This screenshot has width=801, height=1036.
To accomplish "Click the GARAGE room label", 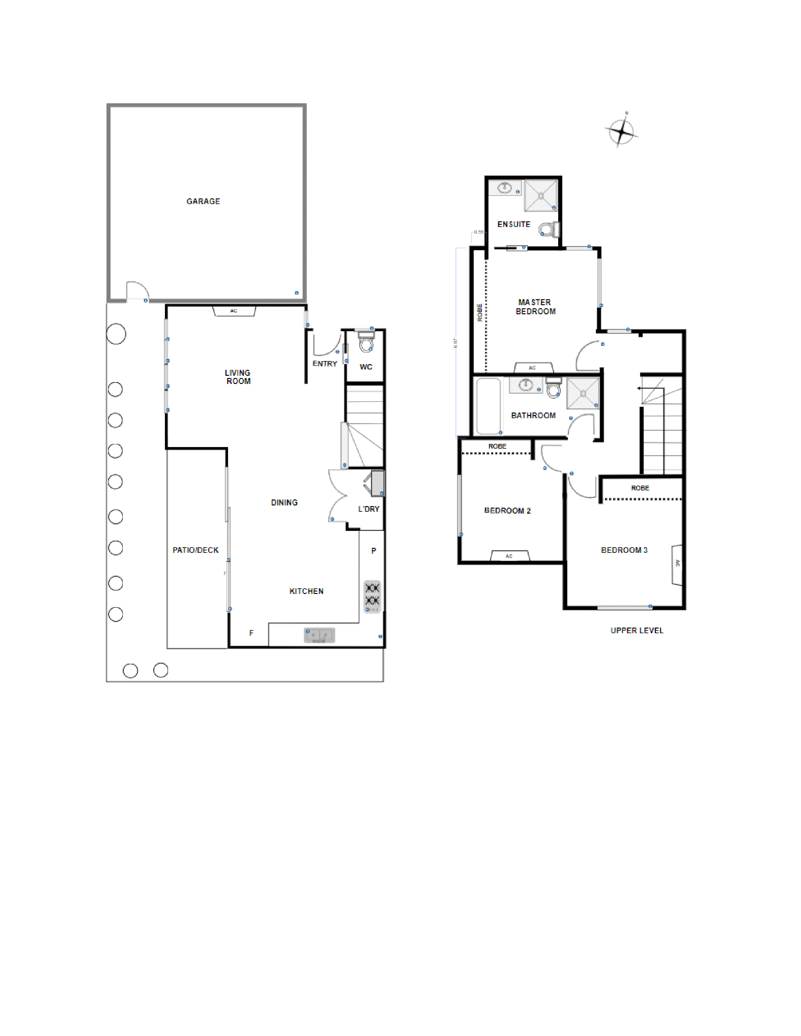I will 203,201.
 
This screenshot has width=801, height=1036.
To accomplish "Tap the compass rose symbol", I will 621,131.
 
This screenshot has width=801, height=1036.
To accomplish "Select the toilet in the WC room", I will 366,343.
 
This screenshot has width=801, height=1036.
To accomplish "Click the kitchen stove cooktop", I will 372,596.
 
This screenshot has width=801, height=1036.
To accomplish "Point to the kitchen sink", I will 319,635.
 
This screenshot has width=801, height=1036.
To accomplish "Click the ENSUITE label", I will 514,224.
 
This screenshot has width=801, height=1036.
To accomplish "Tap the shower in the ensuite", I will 541,195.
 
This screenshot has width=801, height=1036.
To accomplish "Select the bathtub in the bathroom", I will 488,406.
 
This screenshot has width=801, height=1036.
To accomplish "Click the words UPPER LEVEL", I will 636,630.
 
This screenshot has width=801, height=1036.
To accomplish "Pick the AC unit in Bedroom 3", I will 677,564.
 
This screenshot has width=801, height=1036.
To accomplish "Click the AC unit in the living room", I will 234,311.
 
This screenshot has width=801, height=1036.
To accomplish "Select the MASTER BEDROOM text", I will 535,307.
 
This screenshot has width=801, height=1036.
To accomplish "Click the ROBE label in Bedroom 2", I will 497,446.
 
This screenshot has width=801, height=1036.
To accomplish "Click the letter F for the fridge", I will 252,633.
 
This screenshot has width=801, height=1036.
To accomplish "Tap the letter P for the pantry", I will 373,551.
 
